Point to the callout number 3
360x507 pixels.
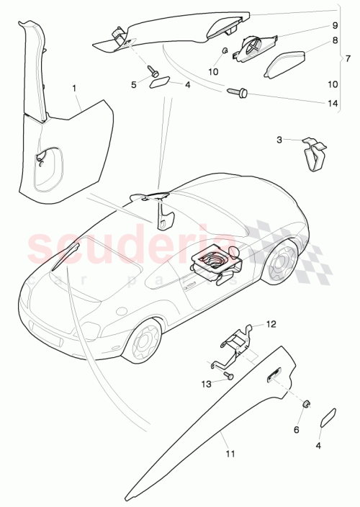(280, 140)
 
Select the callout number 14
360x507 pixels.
(332, 104)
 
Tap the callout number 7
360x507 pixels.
(348, 58)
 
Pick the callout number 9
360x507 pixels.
(335, 25)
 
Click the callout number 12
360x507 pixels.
(271, 324)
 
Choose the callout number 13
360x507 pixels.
(206, 384)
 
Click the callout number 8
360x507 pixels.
(335, 42)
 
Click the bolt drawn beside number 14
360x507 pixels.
(238, 92)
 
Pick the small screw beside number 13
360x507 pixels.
(228, 377)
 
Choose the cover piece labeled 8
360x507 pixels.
(287, 66)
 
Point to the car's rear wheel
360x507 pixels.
(282, 263)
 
